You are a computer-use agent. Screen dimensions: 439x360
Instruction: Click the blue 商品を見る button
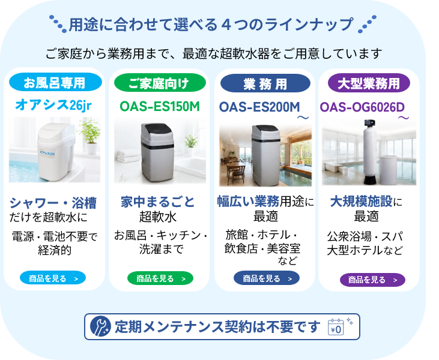pyautogui.click(x=53, y=278)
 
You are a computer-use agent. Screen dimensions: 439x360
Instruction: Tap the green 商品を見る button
pyautogui.click(x=160, y=278)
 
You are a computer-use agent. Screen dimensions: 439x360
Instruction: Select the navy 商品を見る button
pyautogui.click(x=267, y=278)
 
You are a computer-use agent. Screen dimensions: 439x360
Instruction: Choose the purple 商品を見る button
pyautogui.click(x=372, y=280)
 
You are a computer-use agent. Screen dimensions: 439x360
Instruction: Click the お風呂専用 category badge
pyautogui.click(x=55, y=83)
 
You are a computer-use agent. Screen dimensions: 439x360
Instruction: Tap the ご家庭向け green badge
pyautogui.click(x=160, y=83)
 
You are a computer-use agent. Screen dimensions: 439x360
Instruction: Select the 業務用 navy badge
pyautogui.click(x=265, y=83)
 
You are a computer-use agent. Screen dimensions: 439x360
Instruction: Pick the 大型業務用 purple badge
pyautogui.click(x=369, y=83)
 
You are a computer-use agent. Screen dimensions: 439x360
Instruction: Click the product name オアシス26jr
pyautogui.click(x=53, y=105)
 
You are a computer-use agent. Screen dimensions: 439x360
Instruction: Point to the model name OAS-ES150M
pyautogui.click(x=160, y=107)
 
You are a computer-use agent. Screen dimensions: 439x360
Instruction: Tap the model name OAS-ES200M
pyautogui.click(x=259, y=107)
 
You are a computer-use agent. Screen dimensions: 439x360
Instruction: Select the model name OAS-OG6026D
pyautogui.click(x=362, y=107)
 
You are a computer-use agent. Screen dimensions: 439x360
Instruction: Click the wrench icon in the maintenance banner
pyautogui.click(x=100, y=326)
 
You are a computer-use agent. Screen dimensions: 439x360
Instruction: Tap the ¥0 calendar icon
pyautogui.click(x=336, y=327)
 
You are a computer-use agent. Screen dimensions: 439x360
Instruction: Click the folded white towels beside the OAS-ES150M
pyautogui.click(x=127, y=156)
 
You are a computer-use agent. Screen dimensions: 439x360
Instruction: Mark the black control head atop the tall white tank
pyautogui.click(x=369, y=123)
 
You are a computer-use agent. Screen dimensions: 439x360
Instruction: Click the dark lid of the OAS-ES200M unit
pyautogui.click(x=265, y=129)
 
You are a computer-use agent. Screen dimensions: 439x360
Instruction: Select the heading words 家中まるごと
pyautogui.click(x=157, y=202)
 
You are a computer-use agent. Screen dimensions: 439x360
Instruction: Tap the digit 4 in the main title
pyautogui.click(x=226, y=25)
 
